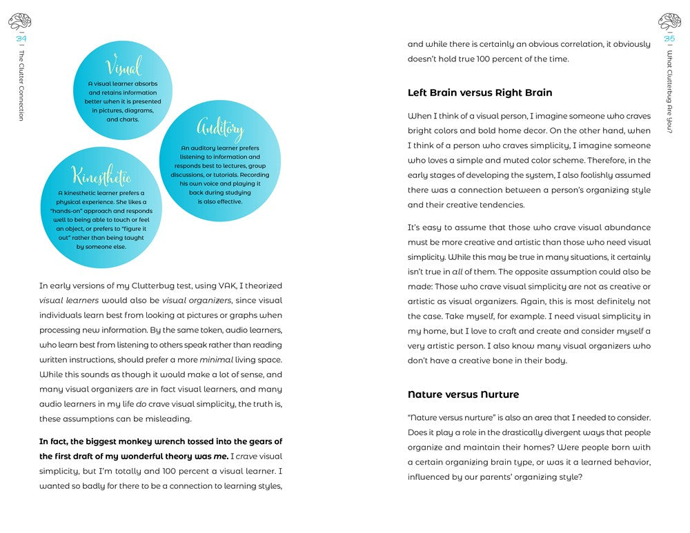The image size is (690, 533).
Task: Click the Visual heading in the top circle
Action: (x=124, y=67)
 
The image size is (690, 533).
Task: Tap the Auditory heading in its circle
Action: (x=220, y=128)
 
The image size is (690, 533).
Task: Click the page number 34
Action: (x=21, y=39)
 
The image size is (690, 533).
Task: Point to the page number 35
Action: (x=669, y=39)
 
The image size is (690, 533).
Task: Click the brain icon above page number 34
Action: (x=20, y=21)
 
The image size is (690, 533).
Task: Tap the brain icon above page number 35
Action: (x=669, y=21)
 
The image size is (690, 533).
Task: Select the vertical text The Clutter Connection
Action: (x=21, y=86)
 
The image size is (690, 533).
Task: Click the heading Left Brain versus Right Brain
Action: (x=480, y=92)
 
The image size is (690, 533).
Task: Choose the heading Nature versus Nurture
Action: (x=463, y=394)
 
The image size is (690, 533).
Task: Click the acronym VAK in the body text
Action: (x=224, y=285)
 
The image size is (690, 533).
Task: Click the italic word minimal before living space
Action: (x=216, y=359)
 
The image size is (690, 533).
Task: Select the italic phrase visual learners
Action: (x=69, y=301)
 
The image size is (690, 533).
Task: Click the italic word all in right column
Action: (x=457, y=272)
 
